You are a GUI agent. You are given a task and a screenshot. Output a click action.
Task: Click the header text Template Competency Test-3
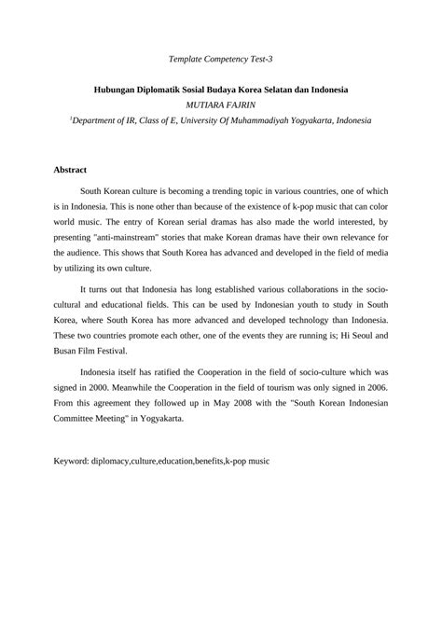tap(220, 59)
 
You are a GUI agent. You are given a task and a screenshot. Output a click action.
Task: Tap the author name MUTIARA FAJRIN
tap(220, 105)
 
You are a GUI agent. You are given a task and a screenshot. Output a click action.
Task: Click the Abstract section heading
tap(70, 171)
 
